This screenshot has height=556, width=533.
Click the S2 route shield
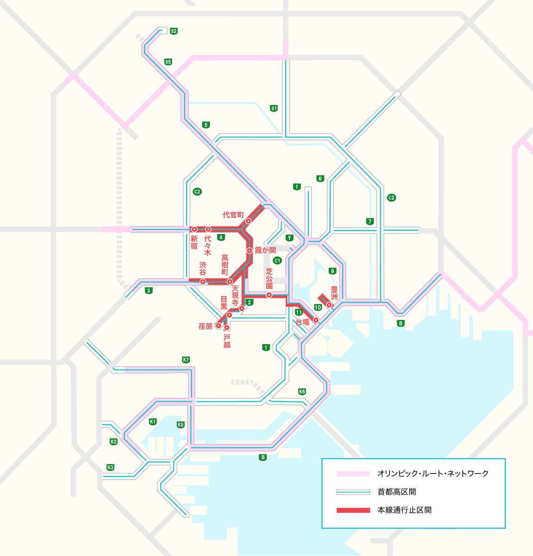click(174, 31)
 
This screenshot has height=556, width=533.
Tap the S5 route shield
click(168, 62)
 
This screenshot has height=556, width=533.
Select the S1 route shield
click(274, 108)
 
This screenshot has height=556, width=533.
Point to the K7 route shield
click(186, 360)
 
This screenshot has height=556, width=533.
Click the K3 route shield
click(110, 467)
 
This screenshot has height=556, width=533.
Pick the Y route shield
click(290, 238)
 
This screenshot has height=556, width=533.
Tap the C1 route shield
click(277, 260)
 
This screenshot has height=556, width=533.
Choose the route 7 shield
click(369, 221)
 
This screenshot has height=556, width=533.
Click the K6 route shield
click(302, 392)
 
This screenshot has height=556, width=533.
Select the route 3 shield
click(148, 291)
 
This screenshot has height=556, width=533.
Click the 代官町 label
click(233, 215)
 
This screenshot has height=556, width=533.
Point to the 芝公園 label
click(269, 279)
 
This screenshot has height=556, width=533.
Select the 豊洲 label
click(334, 293)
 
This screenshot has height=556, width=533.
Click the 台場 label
click(302, 322)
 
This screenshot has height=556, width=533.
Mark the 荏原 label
click(205, 326)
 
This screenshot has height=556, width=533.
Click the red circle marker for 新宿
click(194, 229)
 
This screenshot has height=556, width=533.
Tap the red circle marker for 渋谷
click(203, 282)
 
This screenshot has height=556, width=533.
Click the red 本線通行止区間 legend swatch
click(353, 510)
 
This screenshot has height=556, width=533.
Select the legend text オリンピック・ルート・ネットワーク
click(433, 474)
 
